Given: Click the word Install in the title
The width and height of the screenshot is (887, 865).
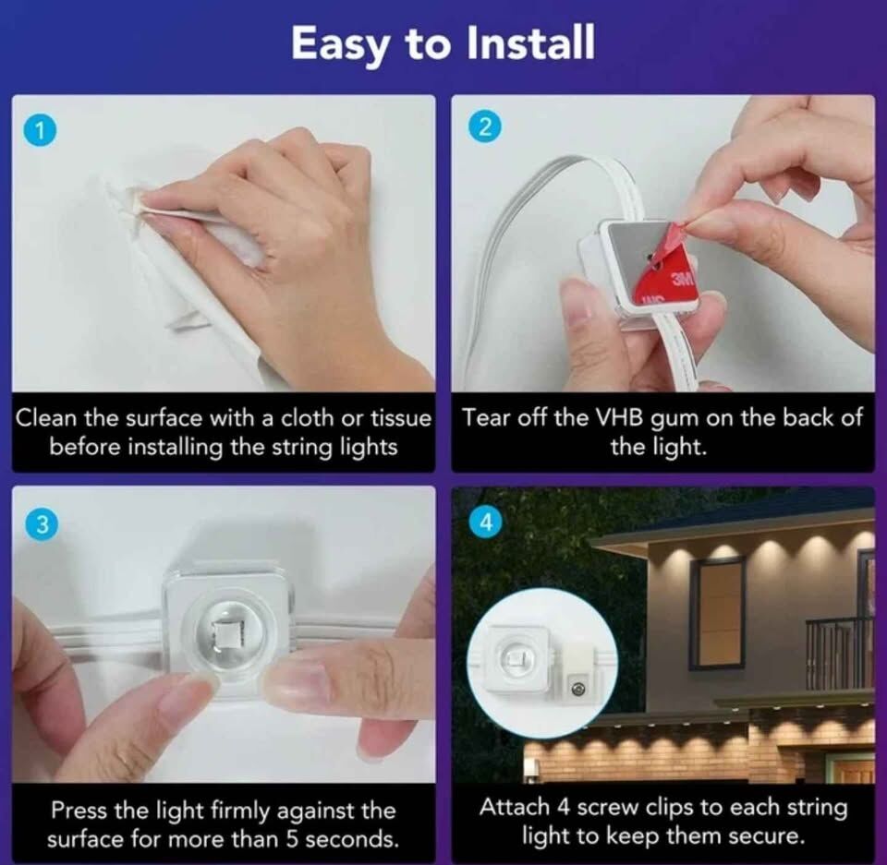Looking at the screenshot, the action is pos(530,43).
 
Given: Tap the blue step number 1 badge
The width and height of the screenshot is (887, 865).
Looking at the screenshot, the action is pos(40,130).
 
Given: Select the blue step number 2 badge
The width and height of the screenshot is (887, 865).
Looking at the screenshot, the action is pos(485,126).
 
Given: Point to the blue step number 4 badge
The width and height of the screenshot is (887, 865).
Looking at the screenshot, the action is pos(485,522).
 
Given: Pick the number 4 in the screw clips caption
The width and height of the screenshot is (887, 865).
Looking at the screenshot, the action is pos(563,808).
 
